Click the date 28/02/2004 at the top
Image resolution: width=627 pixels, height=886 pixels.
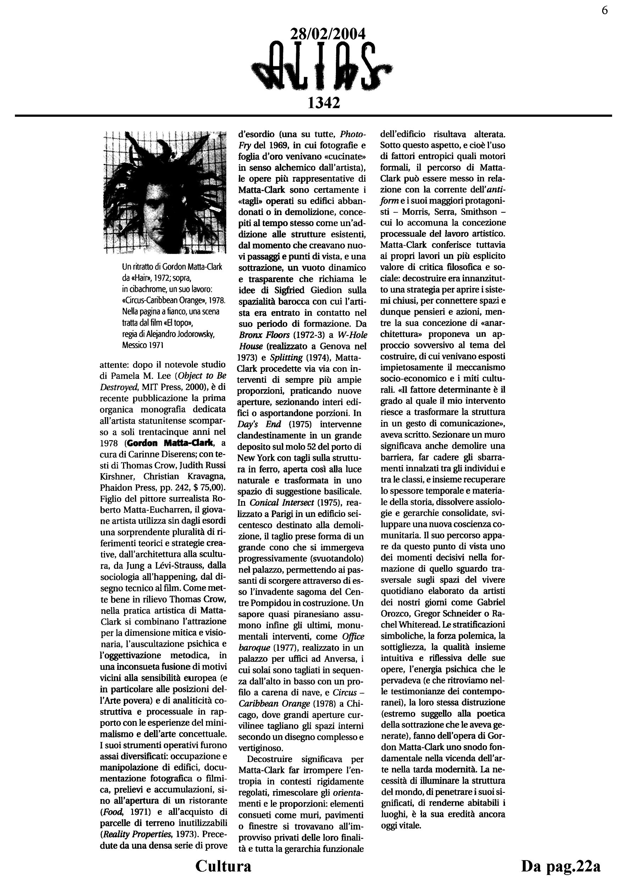click(x=327, y=34)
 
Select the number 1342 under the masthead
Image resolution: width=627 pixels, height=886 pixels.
click(x=323, y=103)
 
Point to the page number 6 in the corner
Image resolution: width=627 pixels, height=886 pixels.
click(x=605, y=10)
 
